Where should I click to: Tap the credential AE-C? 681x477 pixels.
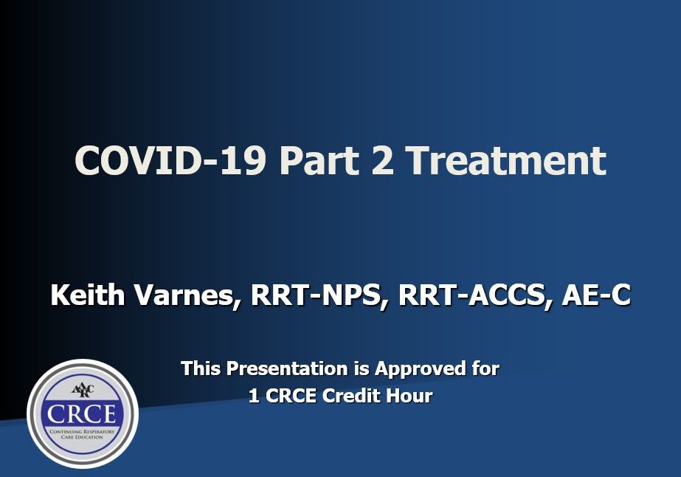[596, 296]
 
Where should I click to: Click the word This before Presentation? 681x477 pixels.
[201, 368]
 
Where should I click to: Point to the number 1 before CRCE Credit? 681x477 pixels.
[254, 396]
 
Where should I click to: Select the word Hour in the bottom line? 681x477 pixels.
[410, 396]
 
